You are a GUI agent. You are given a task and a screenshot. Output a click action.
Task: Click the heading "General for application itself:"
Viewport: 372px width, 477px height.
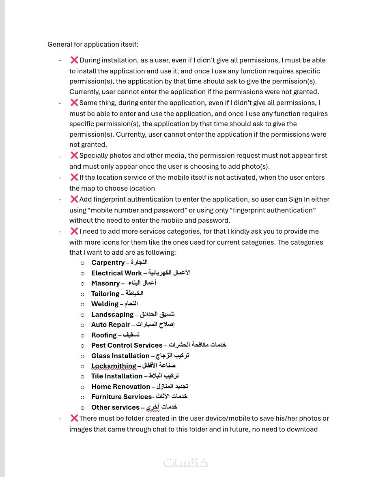pos(93,44)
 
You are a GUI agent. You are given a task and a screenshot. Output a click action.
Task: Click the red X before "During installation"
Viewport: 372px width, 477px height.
pos(74,60)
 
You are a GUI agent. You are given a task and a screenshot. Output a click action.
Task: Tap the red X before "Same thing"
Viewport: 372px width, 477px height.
pos(74,103)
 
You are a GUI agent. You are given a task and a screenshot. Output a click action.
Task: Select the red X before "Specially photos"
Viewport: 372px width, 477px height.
pos(74,155)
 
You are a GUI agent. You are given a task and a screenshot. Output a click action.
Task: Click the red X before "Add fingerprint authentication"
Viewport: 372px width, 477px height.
pos(74,199)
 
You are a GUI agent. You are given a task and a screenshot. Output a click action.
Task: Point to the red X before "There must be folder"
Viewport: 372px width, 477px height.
pos(74,418)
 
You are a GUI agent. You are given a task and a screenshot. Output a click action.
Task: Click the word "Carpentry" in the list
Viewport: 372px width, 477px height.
pos(108,262)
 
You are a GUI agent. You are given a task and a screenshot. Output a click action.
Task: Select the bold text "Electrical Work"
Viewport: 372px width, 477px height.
pos(116,273)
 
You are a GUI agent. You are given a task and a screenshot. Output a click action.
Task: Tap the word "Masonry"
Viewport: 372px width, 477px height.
pos(105,283)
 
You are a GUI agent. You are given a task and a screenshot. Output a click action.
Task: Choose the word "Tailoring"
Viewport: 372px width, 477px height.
pos(105,294)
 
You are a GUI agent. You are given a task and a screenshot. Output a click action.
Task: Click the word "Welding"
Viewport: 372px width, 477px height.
pos(105,304)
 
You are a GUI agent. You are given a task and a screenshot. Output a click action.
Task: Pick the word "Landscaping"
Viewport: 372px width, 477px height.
pos(112,314)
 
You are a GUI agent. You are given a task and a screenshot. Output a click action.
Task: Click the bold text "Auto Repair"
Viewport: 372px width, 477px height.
pos(110,324)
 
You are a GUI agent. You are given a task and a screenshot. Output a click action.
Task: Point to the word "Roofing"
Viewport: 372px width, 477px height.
pos(104,335)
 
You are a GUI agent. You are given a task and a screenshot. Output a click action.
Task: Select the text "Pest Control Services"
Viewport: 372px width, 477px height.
pos(127,345)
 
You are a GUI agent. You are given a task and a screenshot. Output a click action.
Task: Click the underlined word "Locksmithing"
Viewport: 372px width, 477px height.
pos(114,366)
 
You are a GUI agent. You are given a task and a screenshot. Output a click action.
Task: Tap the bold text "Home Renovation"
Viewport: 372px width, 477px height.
pos(120,387)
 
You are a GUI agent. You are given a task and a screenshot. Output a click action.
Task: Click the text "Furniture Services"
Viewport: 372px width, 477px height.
pos(121,397)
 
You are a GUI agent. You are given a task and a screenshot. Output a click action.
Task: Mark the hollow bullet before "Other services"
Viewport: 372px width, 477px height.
pos(83,408)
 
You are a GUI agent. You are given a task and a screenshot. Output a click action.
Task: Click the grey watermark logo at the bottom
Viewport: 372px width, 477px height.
pos(186,462)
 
